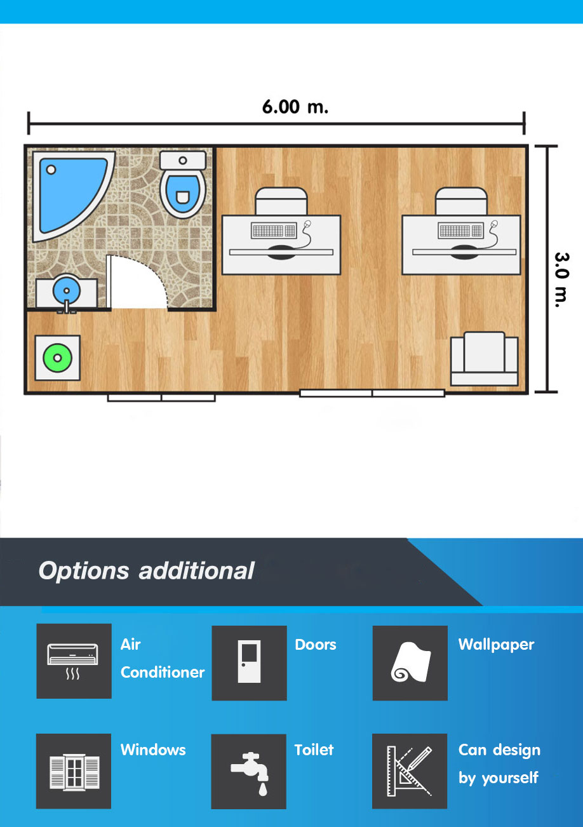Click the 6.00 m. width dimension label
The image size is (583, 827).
(295, 107)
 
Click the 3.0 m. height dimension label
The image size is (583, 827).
(561, 280)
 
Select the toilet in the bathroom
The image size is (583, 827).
(183, 184)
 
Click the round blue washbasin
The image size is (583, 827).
(67, 290)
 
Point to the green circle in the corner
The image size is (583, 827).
(58, 358)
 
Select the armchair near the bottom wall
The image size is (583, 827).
(485, 358)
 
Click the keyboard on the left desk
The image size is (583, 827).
(274, 231)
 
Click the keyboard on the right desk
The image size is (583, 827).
(461, 231)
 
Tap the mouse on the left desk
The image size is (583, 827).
(307, 224)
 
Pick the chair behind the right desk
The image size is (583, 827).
(461, 201)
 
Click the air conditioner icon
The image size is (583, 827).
(73, 661)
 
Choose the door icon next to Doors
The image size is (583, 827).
(249, 662)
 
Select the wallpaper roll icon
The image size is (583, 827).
(410, 662)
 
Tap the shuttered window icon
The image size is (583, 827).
(74, 772)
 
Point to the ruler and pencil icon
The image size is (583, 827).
(410, 771)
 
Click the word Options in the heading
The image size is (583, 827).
(84, 572)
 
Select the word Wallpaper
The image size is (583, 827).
(496, 645)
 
